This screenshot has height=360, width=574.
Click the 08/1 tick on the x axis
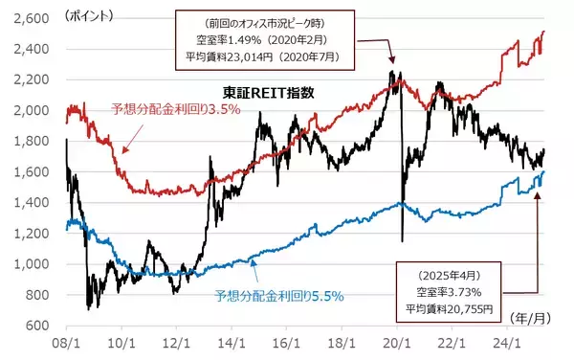[66, 341]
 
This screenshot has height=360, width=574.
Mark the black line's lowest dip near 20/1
[403, 240]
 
